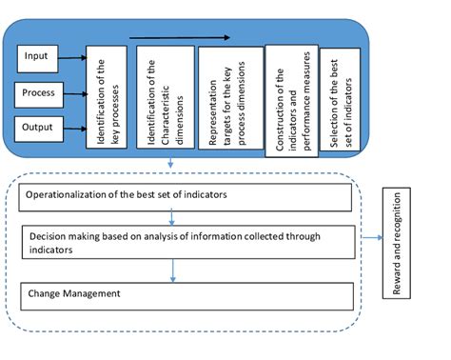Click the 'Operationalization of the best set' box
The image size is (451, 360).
point(181,196)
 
